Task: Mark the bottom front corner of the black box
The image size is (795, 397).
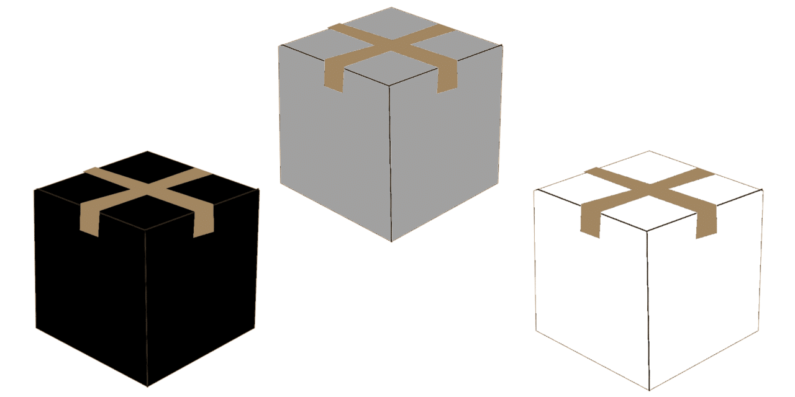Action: coord(147,386)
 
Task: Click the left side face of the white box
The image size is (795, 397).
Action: coord(590,292)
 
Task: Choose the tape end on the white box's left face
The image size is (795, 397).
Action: coord(591,220)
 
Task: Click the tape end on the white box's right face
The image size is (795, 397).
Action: coord(706,223)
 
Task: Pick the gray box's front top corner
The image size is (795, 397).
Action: coord(389,85)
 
